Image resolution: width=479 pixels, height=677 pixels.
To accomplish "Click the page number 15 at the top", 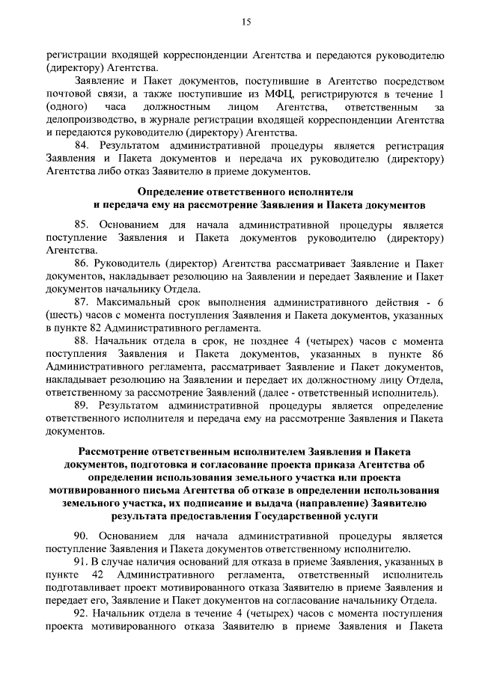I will [x=245, y=23].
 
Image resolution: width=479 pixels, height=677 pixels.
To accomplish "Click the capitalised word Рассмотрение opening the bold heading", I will [x=116, y=452].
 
